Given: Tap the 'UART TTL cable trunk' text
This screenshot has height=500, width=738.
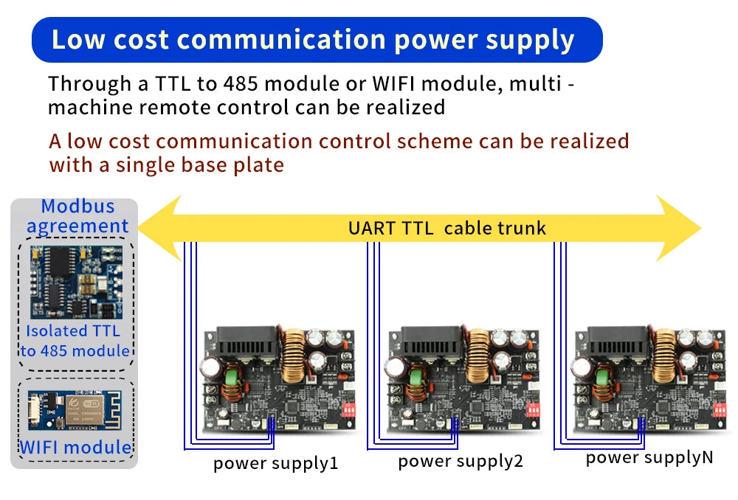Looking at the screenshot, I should click(447, 228).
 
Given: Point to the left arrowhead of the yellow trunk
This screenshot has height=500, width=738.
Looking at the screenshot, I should click(159, 228).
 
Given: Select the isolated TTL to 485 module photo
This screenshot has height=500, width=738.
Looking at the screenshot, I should click(74, 280).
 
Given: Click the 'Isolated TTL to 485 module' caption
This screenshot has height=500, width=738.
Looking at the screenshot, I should click(74, 341).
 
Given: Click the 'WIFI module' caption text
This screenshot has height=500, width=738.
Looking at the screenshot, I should click(75, 447).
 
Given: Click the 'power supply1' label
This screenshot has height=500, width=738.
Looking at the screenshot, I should click(275, 464).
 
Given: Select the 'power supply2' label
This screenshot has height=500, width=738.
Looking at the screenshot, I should click(460, 462).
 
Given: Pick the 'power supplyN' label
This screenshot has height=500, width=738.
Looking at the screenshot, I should click(649, 457).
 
